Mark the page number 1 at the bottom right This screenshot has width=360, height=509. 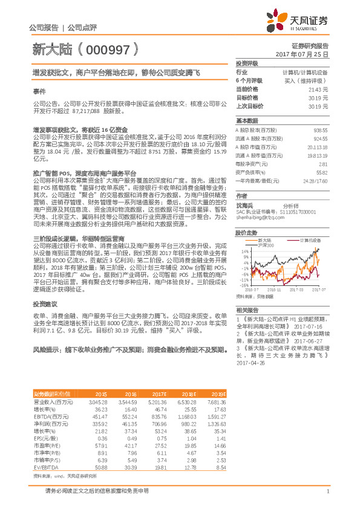coord(327,490)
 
